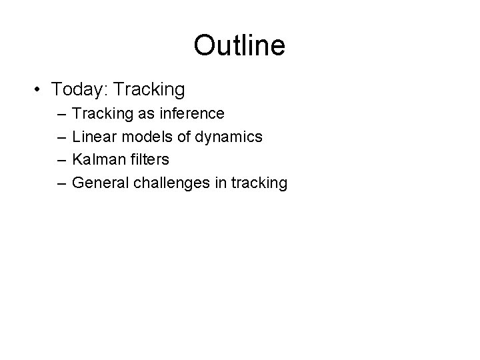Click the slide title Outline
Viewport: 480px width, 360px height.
[239, 46]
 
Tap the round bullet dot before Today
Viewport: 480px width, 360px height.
[39, 89]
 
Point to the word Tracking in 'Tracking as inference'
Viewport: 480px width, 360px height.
[103, 113]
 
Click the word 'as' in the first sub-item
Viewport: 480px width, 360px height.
[146, 114]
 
